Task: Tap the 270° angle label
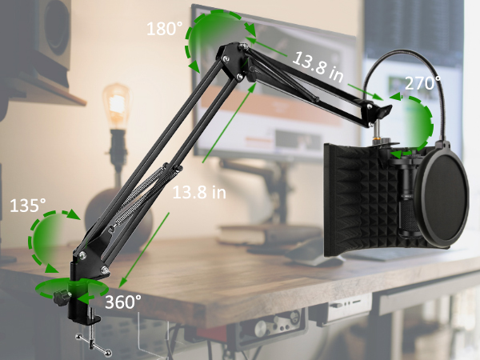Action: [422, 83]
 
